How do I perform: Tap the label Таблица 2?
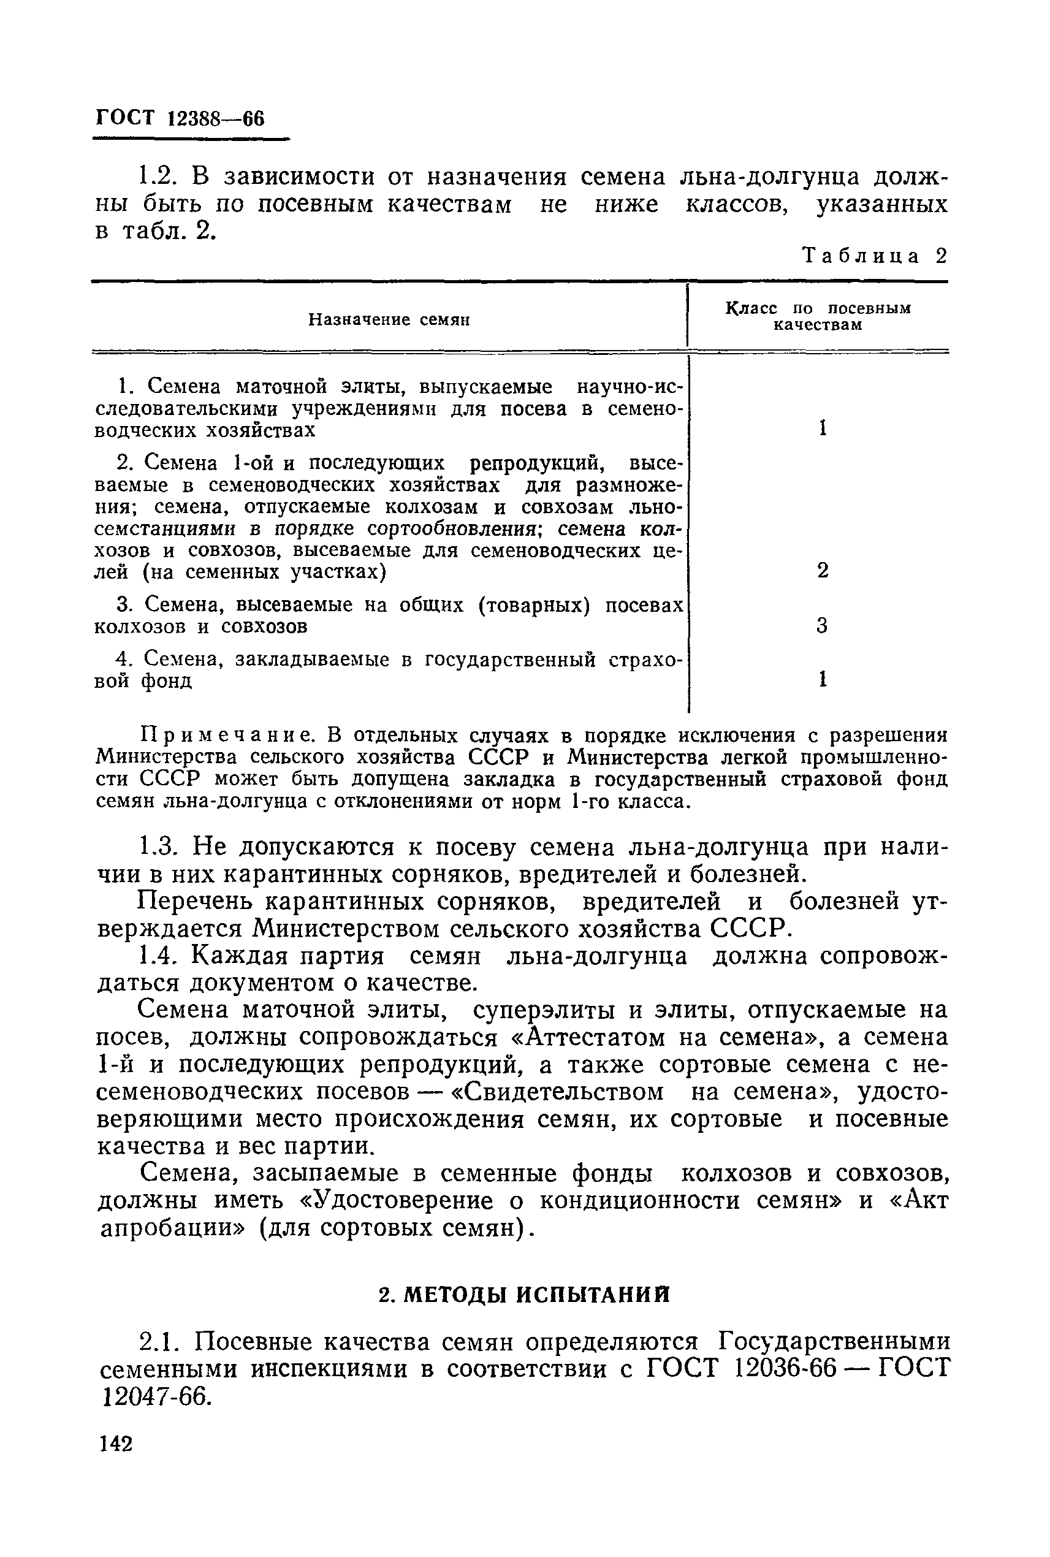tap(875, 256)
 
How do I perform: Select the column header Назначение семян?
tap(389, 319)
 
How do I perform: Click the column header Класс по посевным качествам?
tap(818, 317)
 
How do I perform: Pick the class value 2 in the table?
tap(823, 571)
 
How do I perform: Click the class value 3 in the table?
tap(823, 626)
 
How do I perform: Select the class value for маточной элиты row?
tap(823, 428)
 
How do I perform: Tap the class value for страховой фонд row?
tap(823, 680)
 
